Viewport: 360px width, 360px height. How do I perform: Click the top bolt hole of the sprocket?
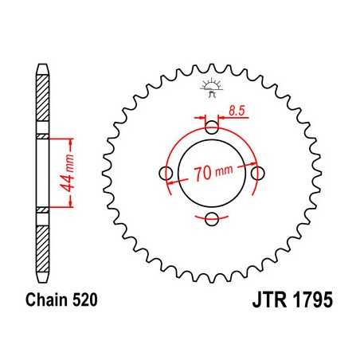211,127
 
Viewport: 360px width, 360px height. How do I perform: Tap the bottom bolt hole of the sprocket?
211,219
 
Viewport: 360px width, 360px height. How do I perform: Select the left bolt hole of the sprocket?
166,174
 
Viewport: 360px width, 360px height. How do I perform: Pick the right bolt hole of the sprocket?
256,173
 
